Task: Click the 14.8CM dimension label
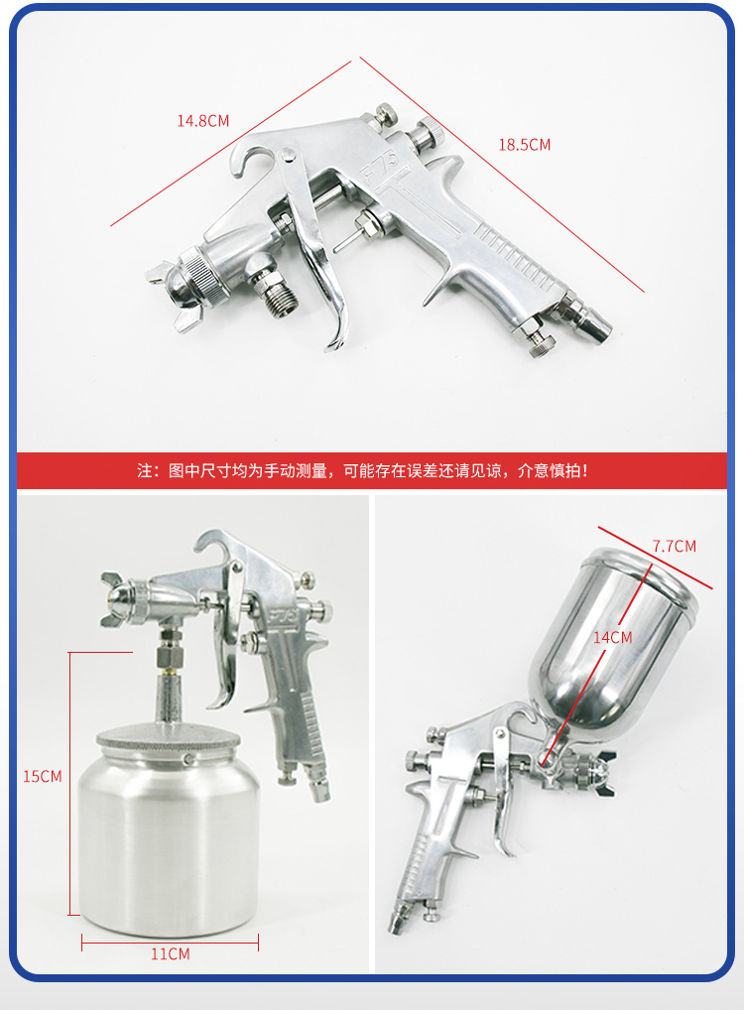(203, 120)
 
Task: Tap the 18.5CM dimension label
(525, 145)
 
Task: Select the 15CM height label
(43, 776)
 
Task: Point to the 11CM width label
(170, 954)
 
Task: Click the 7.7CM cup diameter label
(675, 547)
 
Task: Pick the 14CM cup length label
(613, 637)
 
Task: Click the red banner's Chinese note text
(363, 471)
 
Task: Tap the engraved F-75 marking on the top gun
(380, 167)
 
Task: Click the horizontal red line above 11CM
(170, 943)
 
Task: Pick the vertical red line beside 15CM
(69, 783)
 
